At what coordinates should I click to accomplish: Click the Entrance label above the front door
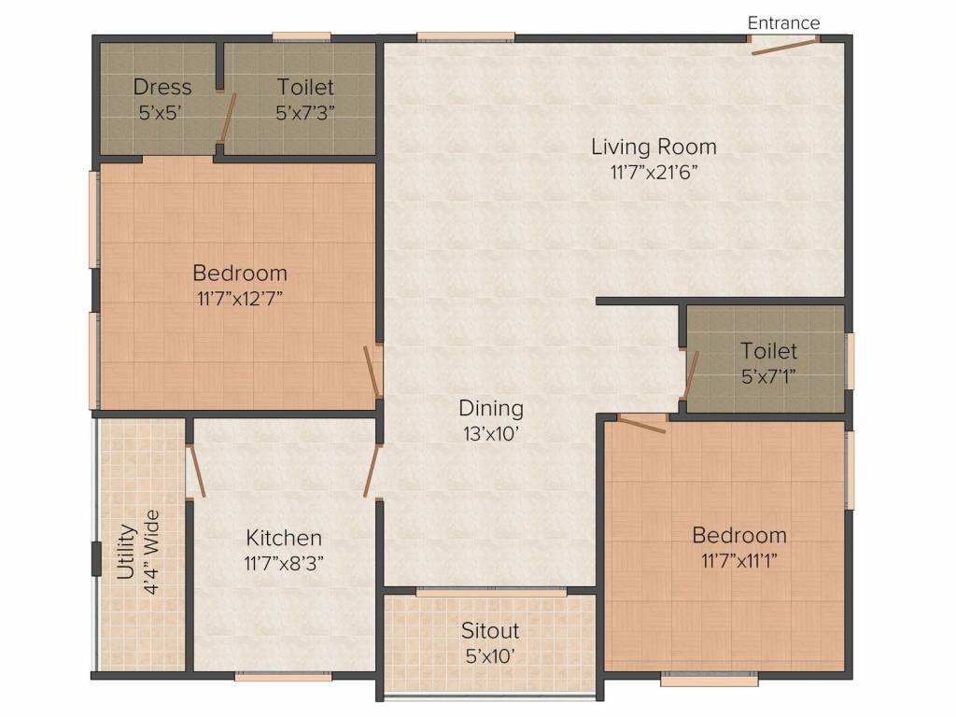[x=783, y=23]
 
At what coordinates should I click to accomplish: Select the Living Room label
[x=654, y=147]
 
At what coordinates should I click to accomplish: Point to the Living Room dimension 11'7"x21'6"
[x=654, y=173]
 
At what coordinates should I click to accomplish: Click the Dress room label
[x=162, y=87]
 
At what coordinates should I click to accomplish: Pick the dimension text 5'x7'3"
[x=305, y=113]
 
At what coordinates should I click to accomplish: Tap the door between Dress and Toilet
[x=228, y=120]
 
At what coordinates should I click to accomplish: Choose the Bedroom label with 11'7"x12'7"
[x=240, y=273]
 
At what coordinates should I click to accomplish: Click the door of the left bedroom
[x=372, y=373]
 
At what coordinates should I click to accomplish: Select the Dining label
[x=491, y=408]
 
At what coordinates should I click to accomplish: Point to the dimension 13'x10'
[x=491, y=434]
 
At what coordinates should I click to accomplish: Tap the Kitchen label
[x=284, y=538]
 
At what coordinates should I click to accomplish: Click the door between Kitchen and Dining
[x=372, y=471]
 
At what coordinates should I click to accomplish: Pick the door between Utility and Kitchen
[x=196, y=471]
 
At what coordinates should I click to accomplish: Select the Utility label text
[x=126, y=552]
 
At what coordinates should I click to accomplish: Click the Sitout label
[x=490, y=630]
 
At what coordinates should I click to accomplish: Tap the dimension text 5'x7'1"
[x=768, y=377]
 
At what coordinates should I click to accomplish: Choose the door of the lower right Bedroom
[x=642, y=425]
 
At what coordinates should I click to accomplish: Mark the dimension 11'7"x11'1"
[x=739, y=560]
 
